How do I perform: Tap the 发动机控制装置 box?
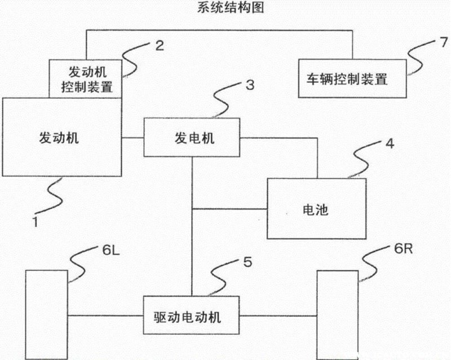coord(87,79)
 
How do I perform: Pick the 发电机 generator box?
coord(192,138)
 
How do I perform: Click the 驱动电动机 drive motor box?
coord(188,315)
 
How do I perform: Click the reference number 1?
coord(36,222)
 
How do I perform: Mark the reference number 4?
coord(390,143)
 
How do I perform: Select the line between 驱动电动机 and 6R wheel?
coord(276,315)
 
